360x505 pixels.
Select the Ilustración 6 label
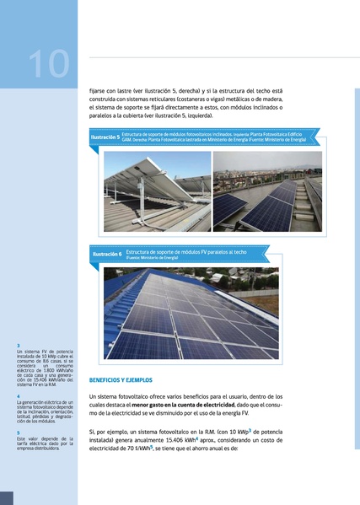pyautogui.click(x=107, y=253)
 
